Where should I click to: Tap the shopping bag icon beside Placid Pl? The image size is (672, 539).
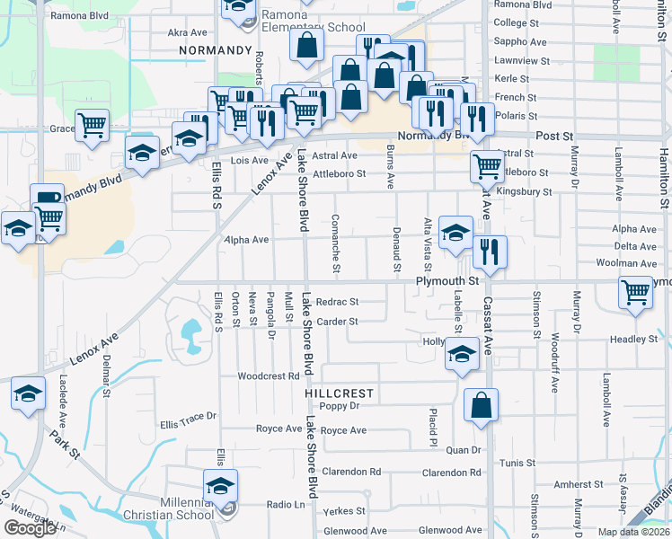click(481, 405)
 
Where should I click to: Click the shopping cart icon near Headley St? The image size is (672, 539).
click(635, 292)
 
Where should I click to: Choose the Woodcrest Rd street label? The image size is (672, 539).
click(268, 376)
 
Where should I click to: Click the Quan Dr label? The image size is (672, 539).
click(464, 449)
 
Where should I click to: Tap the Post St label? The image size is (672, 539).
click(553, 136)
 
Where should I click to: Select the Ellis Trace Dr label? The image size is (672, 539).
click(189, 416)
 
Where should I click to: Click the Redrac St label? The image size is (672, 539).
click(338, 302)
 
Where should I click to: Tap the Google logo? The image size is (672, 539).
click(30, 528)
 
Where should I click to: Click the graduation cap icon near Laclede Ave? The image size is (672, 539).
click(28, 394)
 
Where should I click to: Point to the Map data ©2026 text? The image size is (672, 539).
click(634, 532)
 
